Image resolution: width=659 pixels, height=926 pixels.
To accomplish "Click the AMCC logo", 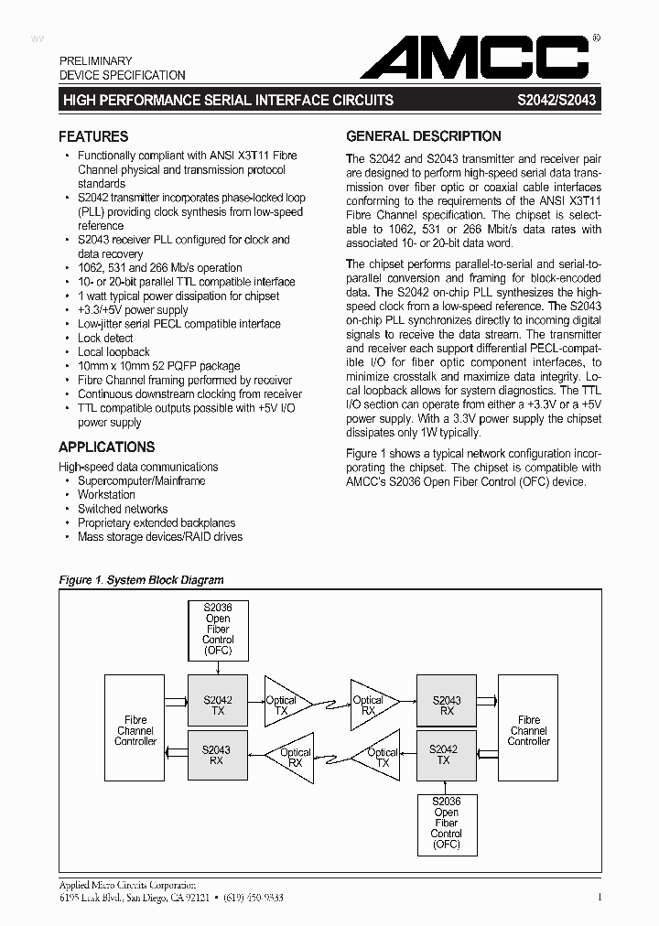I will [474, 59].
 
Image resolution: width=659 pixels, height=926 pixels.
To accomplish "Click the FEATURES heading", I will [93, 136].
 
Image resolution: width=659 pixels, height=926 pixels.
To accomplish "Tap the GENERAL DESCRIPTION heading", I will [423, 136].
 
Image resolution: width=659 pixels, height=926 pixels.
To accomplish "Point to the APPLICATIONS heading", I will [106, 447].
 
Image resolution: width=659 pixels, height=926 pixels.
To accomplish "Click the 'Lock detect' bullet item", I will [105, 338].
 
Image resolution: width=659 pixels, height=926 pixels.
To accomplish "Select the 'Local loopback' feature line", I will [113, 352].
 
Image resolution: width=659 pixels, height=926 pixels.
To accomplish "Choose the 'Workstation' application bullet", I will [106, 495].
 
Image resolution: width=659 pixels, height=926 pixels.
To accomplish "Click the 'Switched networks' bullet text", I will [123, 509].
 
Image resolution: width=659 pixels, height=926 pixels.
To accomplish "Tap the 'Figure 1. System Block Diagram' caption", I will [141, 580].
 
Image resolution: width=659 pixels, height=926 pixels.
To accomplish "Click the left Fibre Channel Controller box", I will [135, 730].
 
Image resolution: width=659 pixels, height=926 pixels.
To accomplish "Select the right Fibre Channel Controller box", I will [528, 730].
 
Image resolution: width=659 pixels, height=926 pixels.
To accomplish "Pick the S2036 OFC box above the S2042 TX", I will [217, 629].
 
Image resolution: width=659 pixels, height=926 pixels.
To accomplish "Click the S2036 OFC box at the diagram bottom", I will [446, 824].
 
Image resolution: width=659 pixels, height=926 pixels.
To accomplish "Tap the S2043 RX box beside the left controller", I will [217, 754].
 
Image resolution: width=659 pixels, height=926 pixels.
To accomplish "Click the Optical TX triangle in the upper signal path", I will [284, 705].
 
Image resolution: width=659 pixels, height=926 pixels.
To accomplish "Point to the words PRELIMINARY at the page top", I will [96, 61].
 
